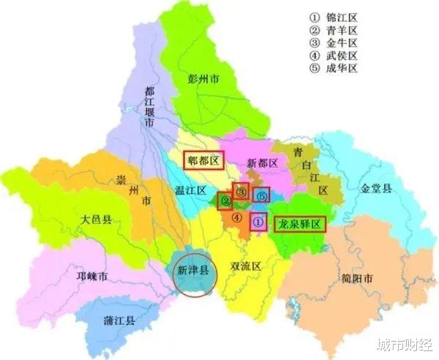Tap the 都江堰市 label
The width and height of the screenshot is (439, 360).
[x=149, y=108]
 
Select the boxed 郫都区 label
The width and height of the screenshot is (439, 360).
[x=200, y=160]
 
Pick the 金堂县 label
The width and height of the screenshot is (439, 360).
[x=376, y=188]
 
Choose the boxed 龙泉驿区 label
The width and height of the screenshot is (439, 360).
[x=299, y=225]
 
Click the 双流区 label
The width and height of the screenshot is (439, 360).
[x=245, y=266]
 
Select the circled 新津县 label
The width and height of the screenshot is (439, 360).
[x=193, y=270]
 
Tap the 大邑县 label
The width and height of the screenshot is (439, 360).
[x=96, y=219]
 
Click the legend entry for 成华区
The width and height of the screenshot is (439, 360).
[x=341, y=70]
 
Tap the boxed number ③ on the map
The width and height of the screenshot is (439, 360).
[x=241, y=191]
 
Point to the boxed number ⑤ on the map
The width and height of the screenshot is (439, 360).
[x=262, y=196]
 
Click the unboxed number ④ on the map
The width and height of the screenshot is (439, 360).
[x=236, y=217]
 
